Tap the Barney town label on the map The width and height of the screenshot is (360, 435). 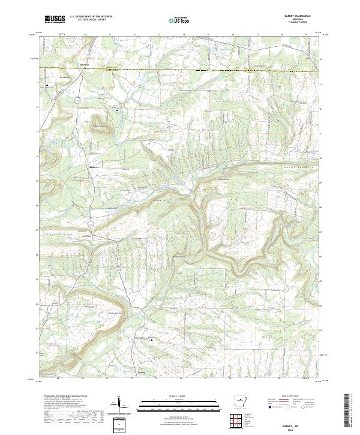(142, 371)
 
